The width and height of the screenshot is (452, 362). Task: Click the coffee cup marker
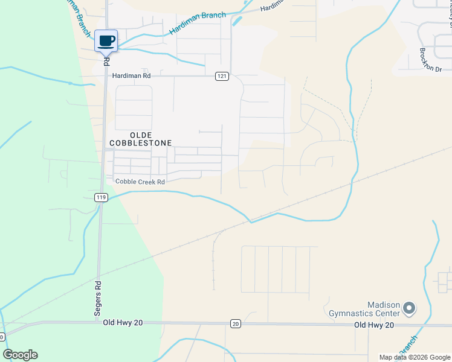(x=106, y=41)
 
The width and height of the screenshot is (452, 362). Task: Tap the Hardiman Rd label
(x=131, y=76)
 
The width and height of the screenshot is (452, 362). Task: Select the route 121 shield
(x=222, y=76)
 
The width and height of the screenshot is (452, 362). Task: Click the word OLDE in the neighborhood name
(x=140, y=134)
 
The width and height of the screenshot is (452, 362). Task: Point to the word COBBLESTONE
(x=141, y=143)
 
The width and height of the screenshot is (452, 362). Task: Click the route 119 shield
(x=101, y=197)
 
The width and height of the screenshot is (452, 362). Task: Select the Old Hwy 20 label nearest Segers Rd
(x=122, y=323)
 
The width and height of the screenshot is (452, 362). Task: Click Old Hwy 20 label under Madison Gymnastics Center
(x=373, y=325)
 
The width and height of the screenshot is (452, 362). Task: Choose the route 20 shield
(x=235, y=324)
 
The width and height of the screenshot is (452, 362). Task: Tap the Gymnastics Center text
(x=364, y=313)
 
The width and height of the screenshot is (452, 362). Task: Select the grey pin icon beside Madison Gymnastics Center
(x=409, y=309)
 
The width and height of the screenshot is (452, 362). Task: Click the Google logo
(x=21, y=355)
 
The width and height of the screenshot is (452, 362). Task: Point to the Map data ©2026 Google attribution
(x=415, y=357)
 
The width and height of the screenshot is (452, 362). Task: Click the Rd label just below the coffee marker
(x=106, y=62)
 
